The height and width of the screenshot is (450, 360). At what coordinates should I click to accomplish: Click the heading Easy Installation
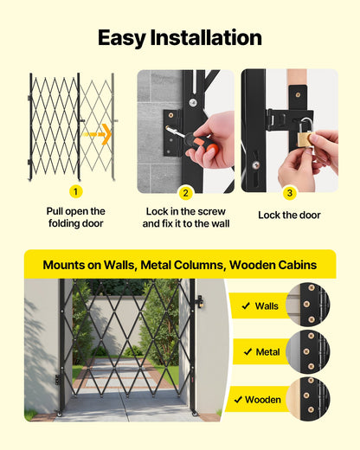[x=180, y=37]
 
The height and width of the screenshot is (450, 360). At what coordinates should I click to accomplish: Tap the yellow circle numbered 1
[x=75, y=191]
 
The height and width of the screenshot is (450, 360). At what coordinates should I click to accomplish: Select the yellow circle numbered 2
[x=185, y=192]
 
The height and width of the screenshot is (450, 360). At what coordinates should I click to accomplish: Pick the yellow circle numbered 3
[x=289, y=192]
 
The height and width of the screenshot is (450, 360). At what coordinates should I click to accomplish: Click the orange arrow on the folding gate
[x=100, y=134]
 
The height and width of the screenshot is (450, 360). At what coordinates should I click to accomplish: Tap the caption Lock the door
[x=289, y=215]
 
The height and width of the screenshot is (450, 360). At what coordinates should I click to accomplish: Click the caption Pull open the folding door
[x=75, y=217]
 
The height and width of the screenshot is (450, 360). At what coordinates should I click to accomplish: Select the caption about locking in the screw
[x=185, y=217]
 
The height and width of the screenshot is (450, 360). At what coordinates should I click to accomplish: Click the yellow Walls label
[x=260, y=305]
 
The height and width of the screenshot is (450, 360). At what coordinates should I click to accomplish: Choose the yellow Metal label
[x=260, y=352]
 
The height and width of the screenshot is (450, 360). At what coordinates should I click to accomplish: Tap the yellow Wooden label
[x=260, y=400]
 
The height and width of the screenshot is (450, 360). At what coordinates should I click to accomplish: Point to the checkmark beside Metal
[x=246, y=352]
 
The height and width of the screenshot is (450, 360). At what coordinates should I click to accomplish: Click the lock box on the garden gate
[x=198, y=302]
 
